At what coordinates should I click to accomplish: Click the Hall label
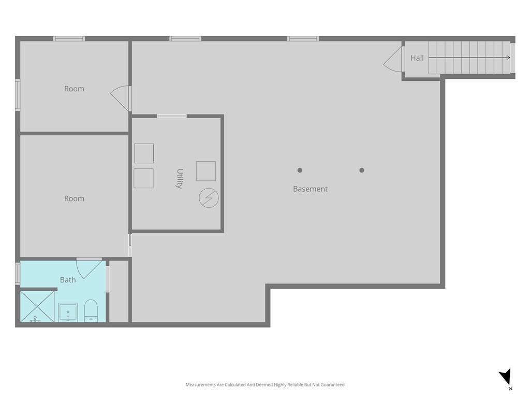417,58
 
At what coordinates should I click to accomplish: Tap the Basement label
311,189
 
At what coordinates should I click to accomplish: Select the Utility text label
180,178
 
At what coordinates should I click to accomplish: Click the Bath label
68,280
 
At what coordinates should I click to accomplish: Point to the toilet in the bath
91,311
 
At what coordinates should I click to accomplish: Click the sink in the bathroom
68,312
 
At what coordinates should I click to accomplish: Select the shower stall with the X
37,307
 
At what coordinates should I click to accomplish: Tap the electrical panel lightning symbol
209,198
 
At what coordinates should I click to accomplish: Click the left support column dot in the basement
300,170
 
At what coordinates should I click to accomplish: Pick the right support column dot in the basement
362,170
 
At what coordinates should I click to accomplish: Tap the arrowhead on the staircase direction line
508,58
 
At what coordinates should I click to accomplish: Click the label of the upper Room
74,89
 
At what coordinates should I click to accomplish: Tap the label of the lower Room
74,198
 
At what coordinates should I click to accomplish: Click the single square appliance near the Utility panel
206,171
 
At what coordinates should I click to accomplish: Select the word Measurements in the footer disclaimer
201,385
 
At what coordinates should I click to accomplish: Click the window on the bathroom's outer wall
18,273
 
